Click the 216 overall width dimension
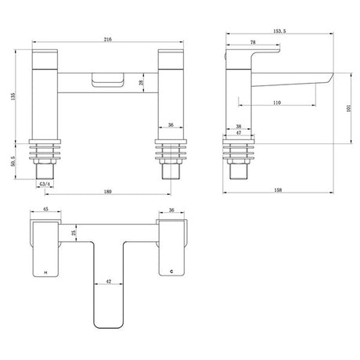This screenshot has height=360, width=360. [x=108, y=39]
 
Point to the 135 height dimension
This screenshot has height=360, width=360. [x=13, y=96]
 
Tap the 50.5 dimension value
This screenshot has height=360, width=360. [x=13, y=161]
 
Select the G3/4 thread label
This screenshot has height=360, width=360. [x=45, y=184]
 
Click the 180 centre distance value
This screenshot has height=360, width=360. [x=107, y=192]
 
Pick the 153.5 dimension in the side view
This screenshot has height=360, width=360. [x=279, y=31]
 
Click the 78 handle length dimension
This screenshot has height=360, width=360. [x=253, y=42]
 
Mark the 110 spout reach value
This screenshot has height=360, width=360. [x=277, y=103]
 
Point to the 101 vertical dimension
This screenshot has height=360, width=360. [x=349, y=108]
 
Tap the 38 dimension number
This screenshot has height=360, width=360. [x=239, y=126]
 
